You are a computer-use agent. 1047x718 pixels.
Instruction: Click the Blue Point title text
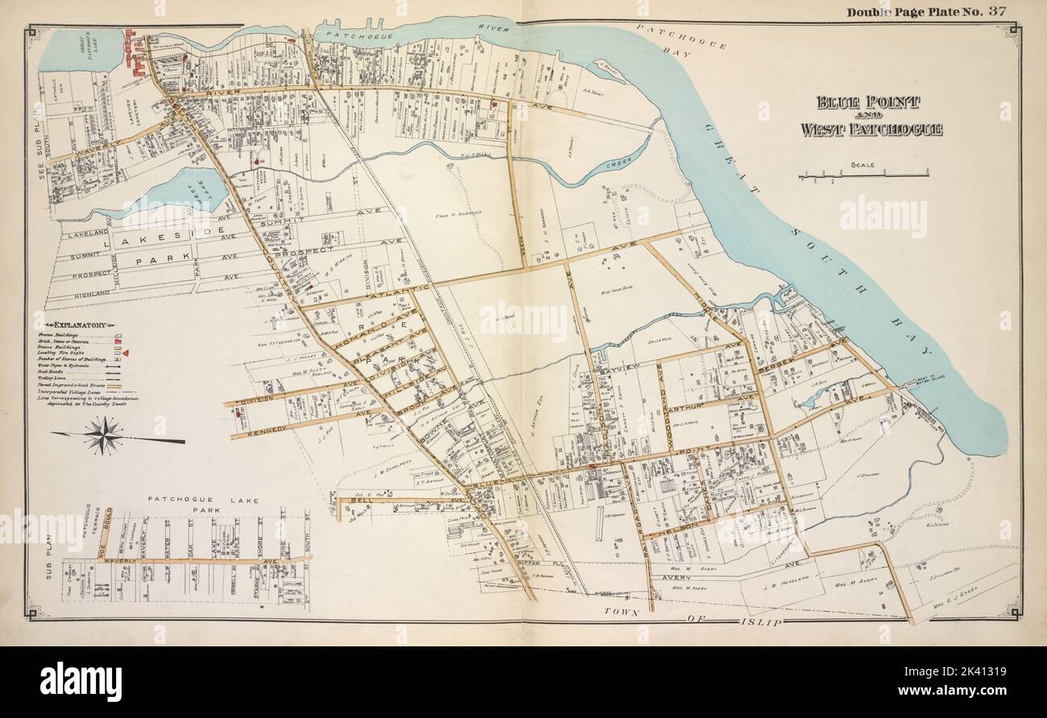(x=868, y=103)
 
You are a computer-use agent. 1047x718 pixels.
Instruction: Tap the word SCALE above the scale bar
(x=863, y=166)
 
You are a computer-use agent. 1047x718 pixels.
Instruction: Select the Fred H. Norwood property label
(x=458, y=215)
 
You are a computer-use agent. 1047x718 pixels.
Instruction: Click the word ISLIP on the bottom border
(x=760, y=622)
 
